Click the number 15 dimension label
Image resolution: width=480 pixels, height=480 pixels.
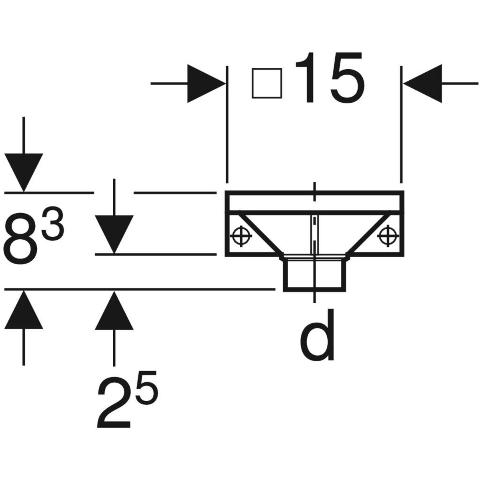(x=330, y=78)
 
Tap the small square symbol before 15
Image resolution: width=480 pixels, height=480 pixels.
(x=267, y=84)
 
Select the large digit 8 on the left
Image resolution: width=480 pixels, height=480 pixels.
(x=20, y=239)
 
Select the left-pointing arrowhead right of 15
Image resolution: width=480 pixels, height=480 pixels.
(x=423, y=84)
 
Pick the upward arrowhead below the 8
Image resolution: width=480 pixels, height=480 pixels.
(x=24, y=309)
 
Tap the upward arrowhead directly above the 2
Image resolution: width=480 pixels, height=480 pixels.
(x=114, y=310)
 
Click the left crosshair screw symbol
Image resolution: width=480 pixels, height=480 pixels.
(x=241, y=236)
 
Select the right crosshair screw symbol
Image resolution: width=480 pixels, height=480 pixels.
(x=388, y=236)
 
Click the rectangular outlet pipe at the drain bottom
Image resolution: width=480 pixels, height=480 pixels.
(x=315, y=274)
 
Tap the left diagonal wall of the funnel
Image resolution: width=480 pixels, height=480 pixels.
(x=260, y=233)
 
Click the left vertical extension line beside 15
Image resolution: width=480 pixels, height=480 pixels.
(x=227, y=124)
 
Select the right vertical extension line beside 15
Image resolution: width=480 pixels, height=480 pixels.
(x=401, y=124)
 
